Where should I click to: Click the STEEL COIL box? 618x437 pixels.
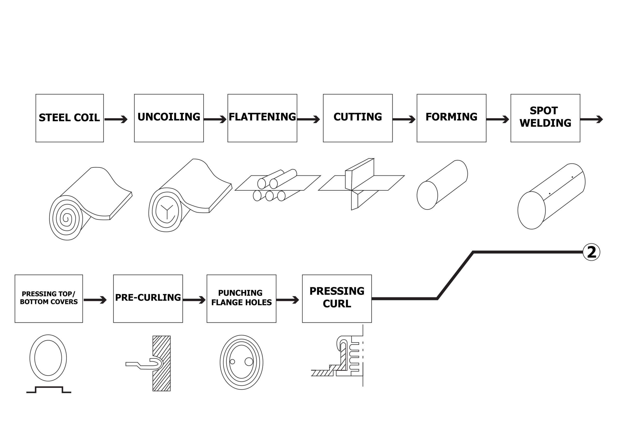[70, 118]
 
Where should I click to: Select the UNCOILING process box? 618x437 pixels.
[169, 118]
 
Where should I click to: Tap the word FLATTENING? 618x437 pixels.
[262, 117]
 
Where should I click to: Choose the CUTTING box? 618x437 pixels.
[358, 118]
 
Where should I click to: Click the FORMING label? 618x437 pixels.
[451, 117]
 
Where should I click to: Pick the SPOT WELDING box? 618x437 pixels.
[545, 118]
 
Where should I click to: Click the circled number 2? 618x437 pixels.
[591, 252]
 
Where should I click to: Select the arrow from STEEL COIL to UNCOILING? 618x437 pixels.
[116, 119]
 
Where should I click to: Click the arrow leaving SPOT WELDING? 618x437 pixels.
[591, 119]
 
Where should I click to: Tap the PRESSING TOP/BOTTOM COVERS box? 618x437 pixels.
[49, 299]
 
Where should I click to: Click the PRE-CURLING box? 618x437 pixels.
[148, 299]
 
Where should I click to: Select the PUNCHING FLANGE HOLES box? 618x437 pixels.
[241, 299]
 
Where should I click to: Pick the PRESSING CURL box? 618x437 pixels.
[337, 299]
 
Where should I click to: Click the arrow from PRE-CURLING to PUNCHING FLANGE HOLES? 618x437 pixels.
[194, 300]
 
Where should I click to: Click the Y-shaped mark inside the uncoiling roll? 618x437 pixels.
[167, 209]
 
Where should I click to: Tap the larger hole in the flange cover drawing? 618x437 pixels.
[249, 362]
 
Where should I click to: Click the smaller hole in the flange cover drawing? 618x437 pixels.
[232, 362]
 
